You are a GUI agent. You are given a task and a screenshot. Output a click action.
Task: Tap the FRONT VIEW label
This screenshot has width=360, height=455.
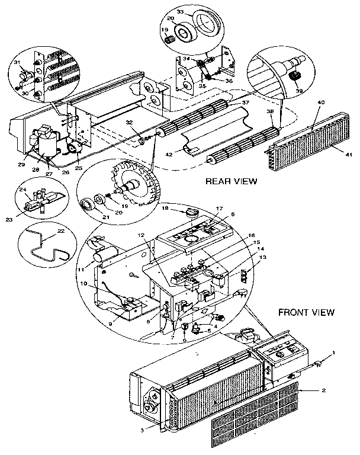point(306,312)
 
